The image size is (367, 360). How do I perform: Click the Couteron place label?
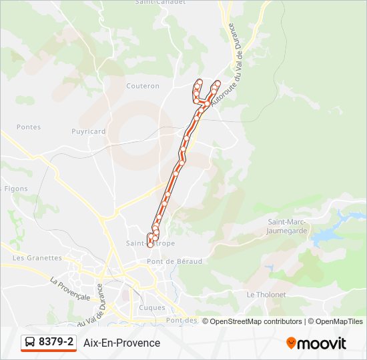tap(143, 86)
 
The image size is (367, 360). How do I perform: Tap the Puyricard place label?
tap(89, 131)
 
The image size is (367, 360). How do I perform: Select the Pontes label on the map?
tap(29, 127)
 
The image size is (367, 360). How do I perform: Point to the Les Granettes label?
tap(37, 258)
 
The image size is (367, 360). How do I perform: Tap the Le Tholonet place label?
tap(266, 294)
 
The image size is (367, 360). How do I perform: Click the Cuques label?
tap(152, 307)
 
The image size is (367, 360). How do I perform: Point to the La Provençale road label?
tap(70, 289)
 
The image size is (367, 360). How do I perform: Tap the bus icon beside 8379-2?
tap(30, 343)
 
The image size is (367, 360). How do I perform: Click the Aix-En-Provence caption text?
tap(122, 343)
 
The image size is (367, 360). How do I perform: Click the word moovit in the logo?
tap(322, 343)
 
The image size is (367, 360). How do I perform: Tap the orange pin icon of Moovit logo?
tap(291, 343)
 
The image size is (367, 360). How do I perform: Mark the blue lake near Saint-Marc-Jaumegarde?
tap(327, 235)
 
